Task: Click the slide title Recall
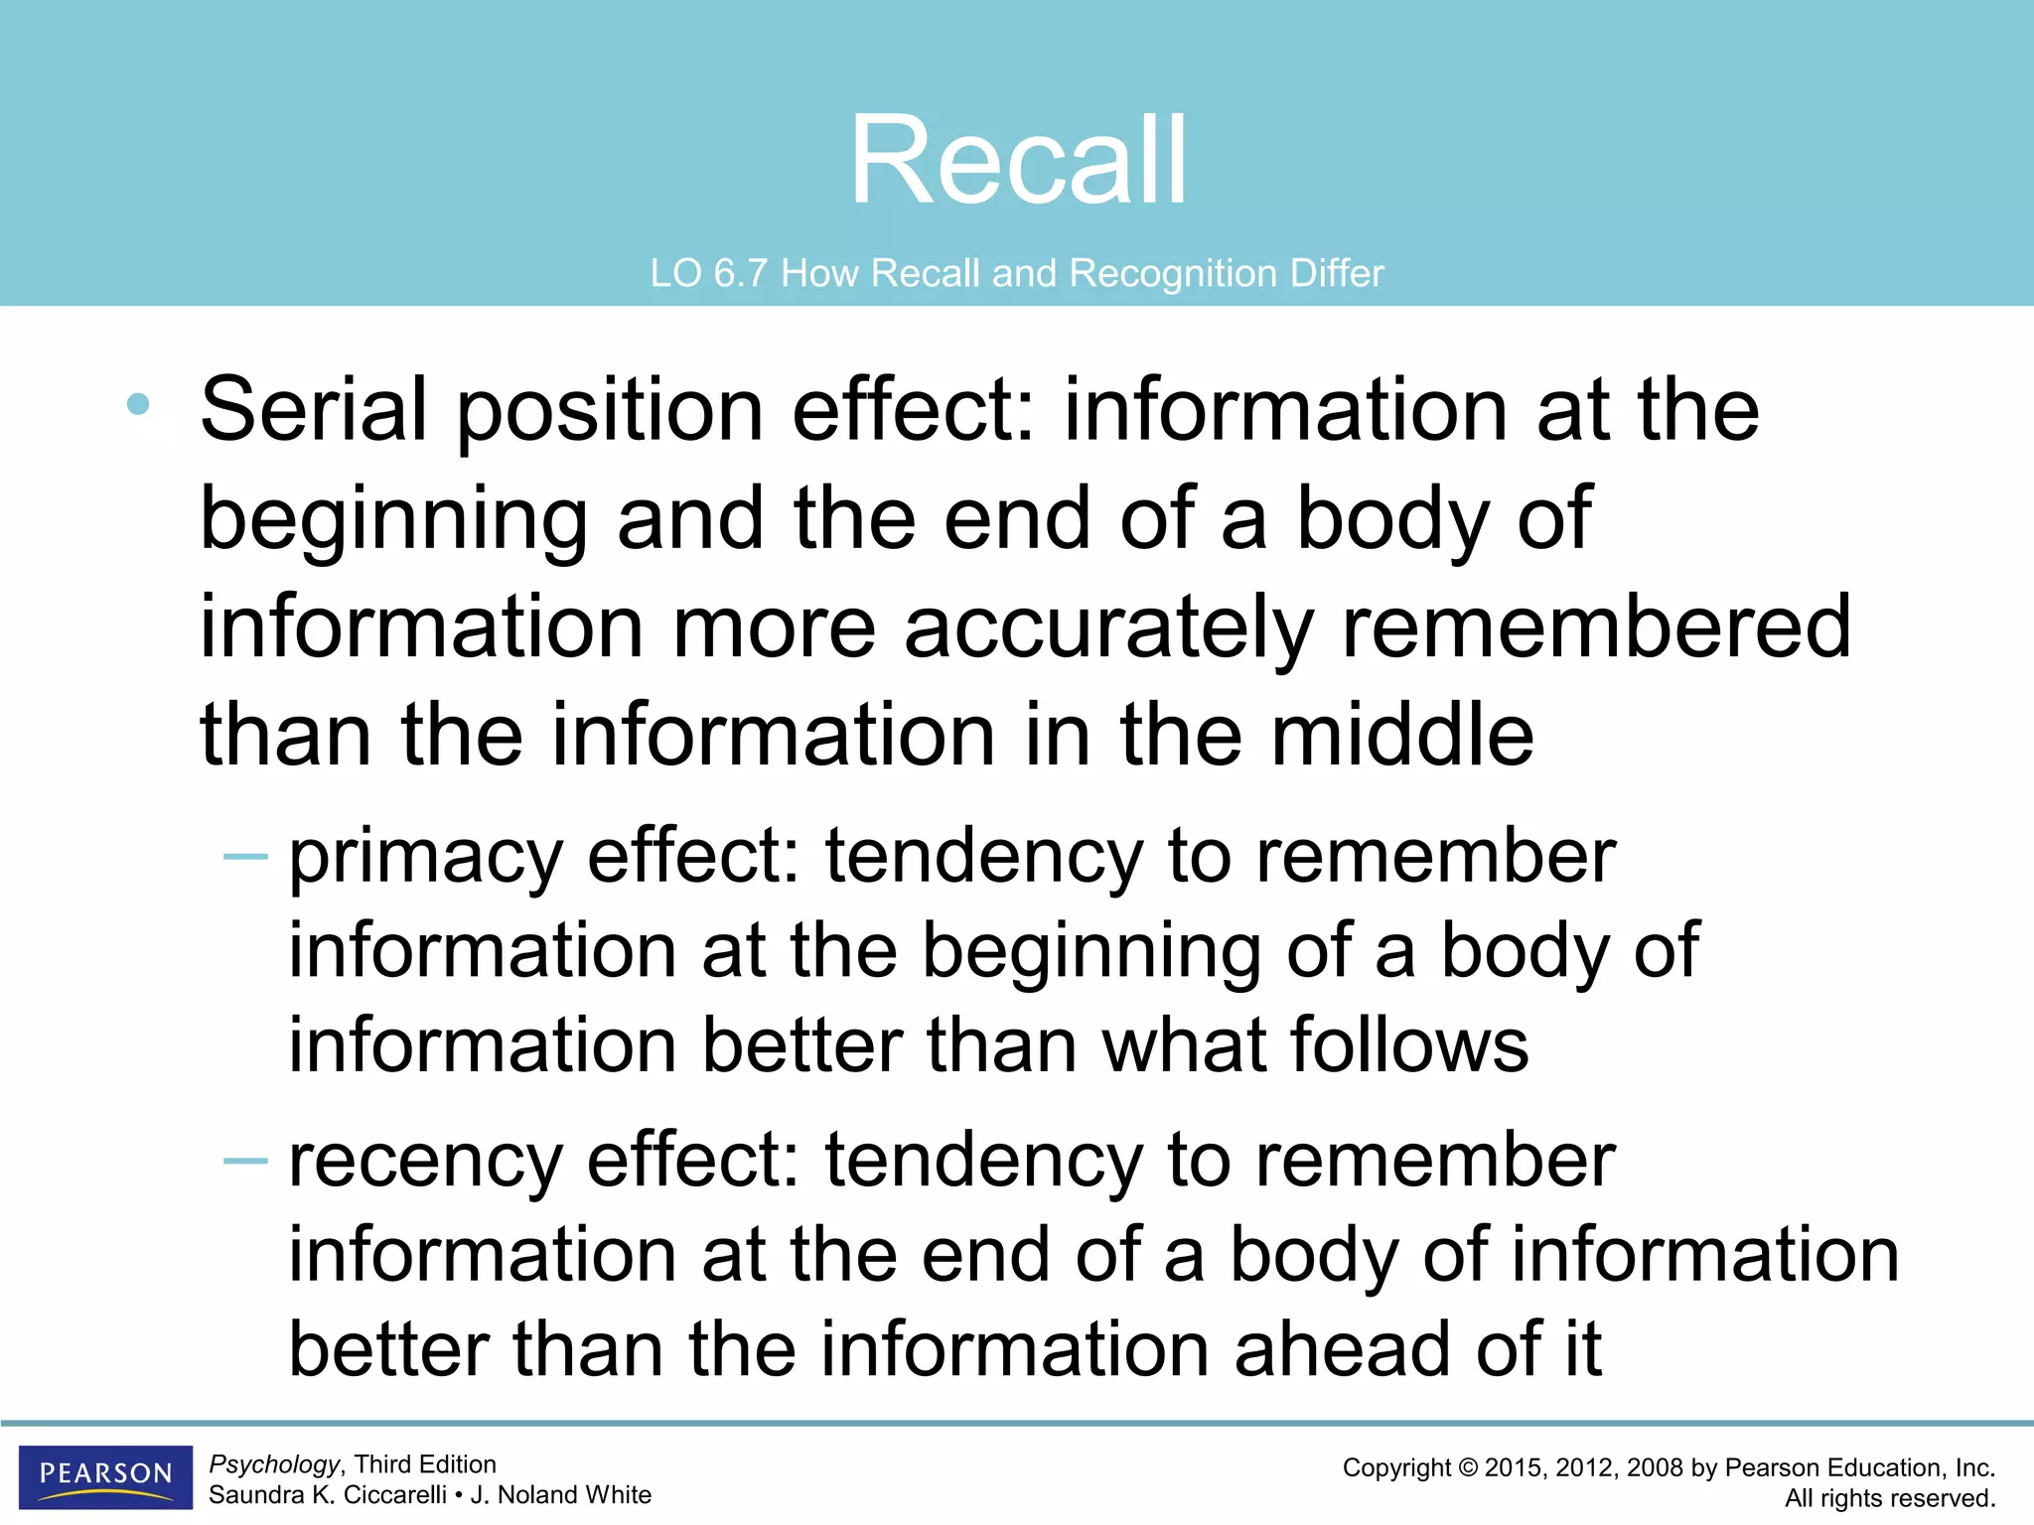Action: (x=1018, y=161)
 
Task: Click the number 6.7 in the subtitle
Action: (x=740, y=273)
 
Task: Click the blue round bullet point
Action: (x=138, y=404)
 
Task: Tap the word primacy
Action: (x=425, y=857)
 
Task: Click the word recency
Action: (x=425, y=1161)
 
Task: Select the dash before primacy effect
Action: (x=245, y=855)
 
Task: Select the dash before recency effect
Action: (x=245, y=1159)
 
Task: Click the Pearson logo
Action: (x=105, y=1475)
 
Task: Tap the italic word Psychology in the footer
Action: (x=274, y=1464)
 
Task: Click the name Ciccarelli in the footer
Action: (x=394, y=1495)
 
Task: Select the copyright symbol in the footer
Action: (x=1467, y=1468)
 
